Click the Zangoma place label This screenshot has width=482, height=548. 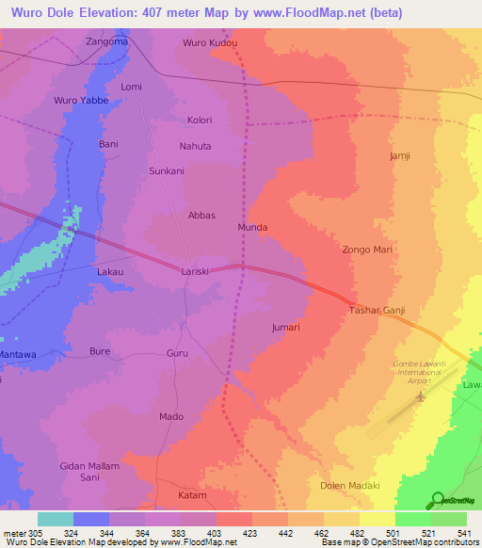106,42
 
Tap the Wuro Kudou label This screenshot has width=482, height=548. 210,43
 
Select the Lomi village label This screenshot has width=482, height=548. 131,87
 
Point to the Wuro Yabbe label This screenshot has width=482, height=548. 82,100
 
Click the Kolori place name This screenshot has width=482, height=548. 200,121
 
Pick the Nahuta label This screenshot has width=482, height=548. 196,146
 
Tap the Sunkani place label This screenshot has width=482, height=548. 167,171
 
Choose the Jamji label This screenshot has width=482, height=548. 400,155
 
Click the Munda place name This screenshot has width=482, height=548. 252,228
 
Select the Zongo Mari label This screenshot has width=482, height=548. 366,250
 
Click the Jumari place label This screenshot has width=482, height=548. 285,328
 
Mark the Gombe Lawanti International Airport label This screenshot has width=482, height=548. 415,371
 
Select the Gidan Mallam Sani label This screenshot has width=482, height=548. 91,472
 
